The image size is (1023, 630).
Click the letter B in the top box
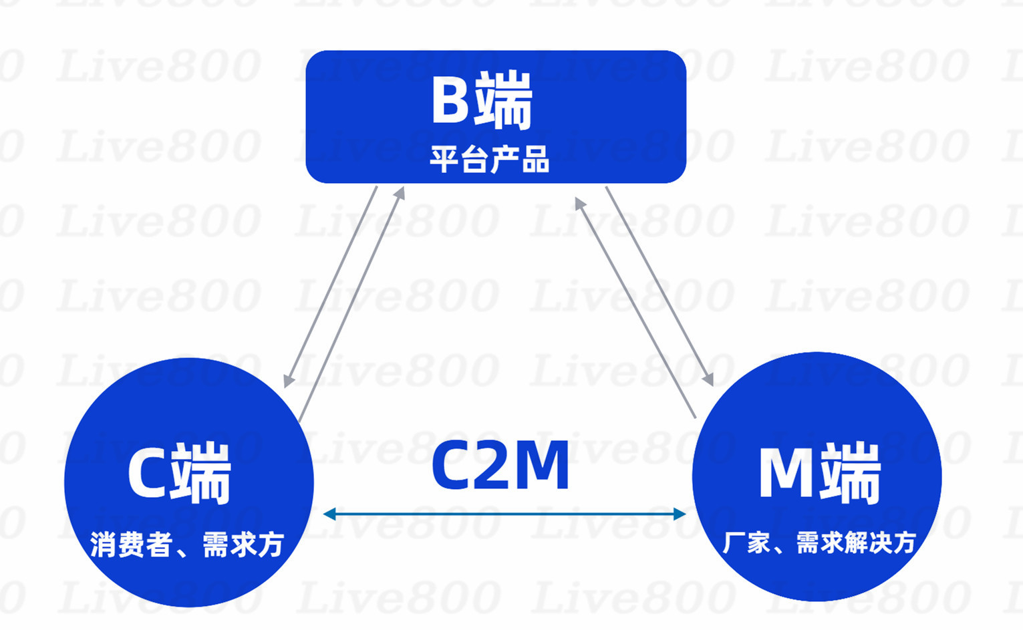(x=450, y=100)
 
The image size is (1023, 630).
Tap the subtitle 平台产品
(x=489, y=159)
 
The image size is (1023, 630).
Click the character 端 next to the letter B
(x=503, y=101)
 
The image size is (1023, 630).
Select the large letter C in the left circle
(x=146, y=472)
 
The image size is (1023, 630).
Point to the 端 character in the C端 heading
(x=201, y=472)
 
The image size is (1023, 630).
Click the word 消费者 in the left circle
(x=131, y=544)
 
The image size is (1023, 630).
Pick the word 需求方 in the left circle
(x=243, y=544)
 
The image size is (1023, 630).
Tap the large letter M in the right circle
(x=786, y=472)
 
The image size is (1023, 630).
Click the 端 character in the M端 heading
(x=851, y=472)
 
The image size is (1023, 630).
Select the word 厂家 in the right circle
(x=746, y=542)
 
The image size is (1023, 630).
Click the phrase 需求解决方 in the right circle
(x=856, y=542)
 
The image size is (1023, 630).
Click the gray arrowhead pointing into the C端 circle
(x=288, y=381)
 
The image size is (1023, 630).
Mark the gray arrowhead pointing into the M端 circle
(x=708, y=379)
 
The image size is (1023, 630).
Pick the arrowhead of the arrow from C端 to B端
(x=400, y=193)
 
